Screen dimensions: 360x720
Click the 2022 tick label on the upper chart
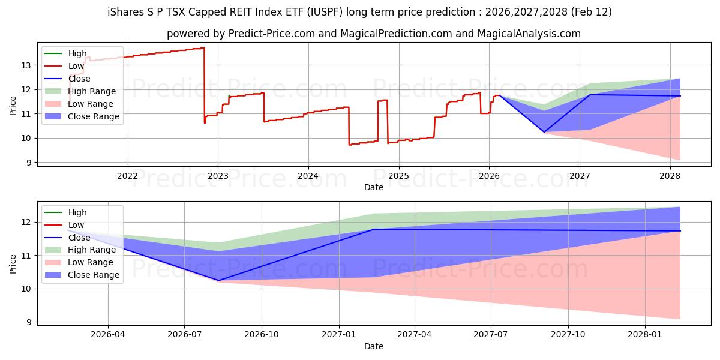point(127,175)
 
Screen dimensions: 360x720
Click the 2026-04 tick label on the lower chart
point(108,335)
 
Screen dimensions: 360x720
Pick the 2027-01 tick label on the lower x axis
point(340,335)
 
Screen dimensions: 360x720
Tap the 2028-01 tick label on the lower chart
point(645,335)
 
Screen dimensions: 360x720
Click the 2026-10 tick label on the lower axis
point(262,335)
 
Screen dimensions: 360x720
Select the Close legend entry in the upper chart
point(79,79)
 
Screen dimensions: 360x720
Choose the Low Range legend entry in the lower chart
point(91,262)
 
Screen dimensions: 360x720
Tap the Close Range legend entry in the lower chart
point(94,275)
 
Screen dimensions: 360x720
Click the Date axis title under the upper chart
point(373,187)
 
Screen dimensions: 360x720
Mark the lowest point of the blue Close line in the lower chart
point(218,280)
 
